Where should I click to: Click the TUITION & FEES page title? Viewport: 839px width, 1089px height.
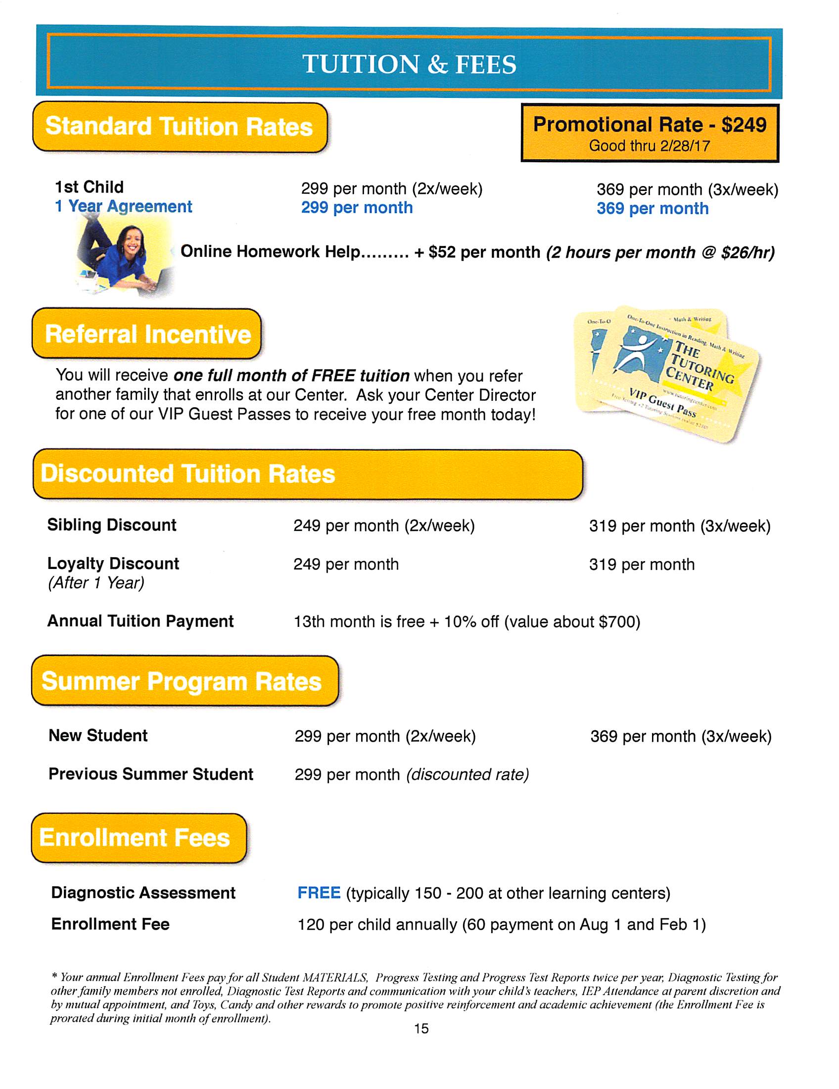click(x=409, y=64)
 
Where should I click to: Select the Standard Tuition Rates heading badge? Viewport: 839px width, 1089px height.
click(x=180, y=127)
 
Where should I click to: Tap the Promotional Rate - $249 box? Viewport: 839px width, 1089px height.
click(x=649, y=133)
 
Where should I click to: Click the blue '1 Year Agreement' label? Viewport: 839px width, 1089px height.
click(x=123, y=206)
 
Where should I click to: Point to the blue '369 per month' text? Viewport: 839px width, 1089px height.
click(x=652, y=208)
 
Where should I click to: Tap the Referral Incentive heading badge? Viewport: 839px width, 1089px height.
click(x=147, y=333)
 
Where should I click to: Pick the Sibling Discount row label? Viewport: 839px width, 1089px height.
click(x=112, y=525)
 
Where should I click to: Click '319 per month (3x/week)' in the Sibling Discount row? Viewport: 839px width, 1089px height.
click(x=680, y=526)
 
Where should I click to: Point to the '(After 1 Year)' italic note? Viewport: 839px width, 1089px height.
click(x=95, y=583)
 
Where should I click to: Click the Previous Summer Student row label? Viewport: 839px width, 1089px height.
click(x=150, y=774)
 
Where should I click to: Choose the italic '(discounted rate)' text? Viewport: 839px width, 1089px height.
click(x=467, y=774)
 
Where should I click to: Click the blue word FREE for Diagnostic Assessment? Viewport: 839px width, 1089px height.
click(x=319, y=893)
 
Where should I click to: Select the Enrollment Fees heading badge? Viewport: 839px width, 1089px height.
click(x=138, y=838)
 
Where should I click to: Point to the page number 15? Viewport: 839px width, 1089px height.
click(x=421, y=1028)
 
